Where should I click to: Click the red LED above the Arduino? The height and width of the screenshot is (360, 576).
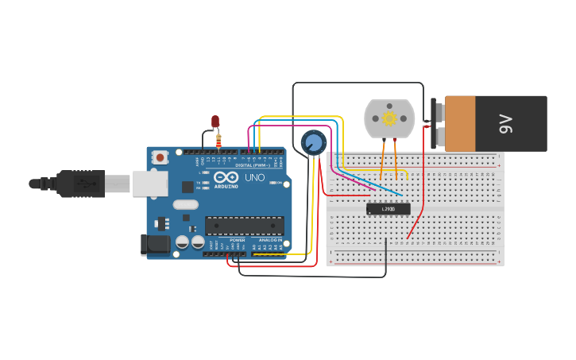(x=215, y=121)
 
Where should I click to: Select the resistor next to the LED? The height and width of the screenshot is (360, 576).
(x=218, y=141)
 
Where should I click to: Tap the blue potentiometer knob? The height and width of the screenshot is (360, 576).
(x=313, y=143)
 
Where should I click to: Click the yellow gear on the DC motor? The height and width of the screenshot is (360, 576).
(x=389, y=118)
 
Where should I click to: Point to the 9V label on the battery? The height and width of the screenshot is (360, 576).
(x=506, y=123)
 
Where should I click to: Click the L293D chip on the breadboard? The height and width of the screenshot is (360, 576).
(x=389, y=209)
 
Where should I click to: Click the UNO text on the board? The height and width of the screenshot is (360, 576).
(x=254, y=177)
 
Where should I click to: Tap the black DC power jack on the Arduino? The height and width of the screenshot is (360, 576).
(x=155, y=244)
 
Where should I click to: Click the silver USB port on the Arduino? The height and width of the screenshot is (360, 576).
(x=149, y=184)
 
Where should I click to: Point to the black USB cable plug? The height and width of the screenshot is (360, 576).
(x=79, y=184)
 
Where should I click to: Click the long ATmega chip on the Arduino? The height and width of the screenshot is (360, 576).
(x=244, y=226)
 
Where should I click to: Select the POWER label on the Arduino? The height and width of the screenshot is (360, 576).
(x=238, y=239)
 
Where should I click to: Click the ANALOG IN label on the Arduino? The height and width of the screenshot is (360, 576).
(x=270, y=239)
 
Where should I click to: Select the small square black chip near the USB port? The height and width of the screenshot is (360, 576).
(x=187, y=187)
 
